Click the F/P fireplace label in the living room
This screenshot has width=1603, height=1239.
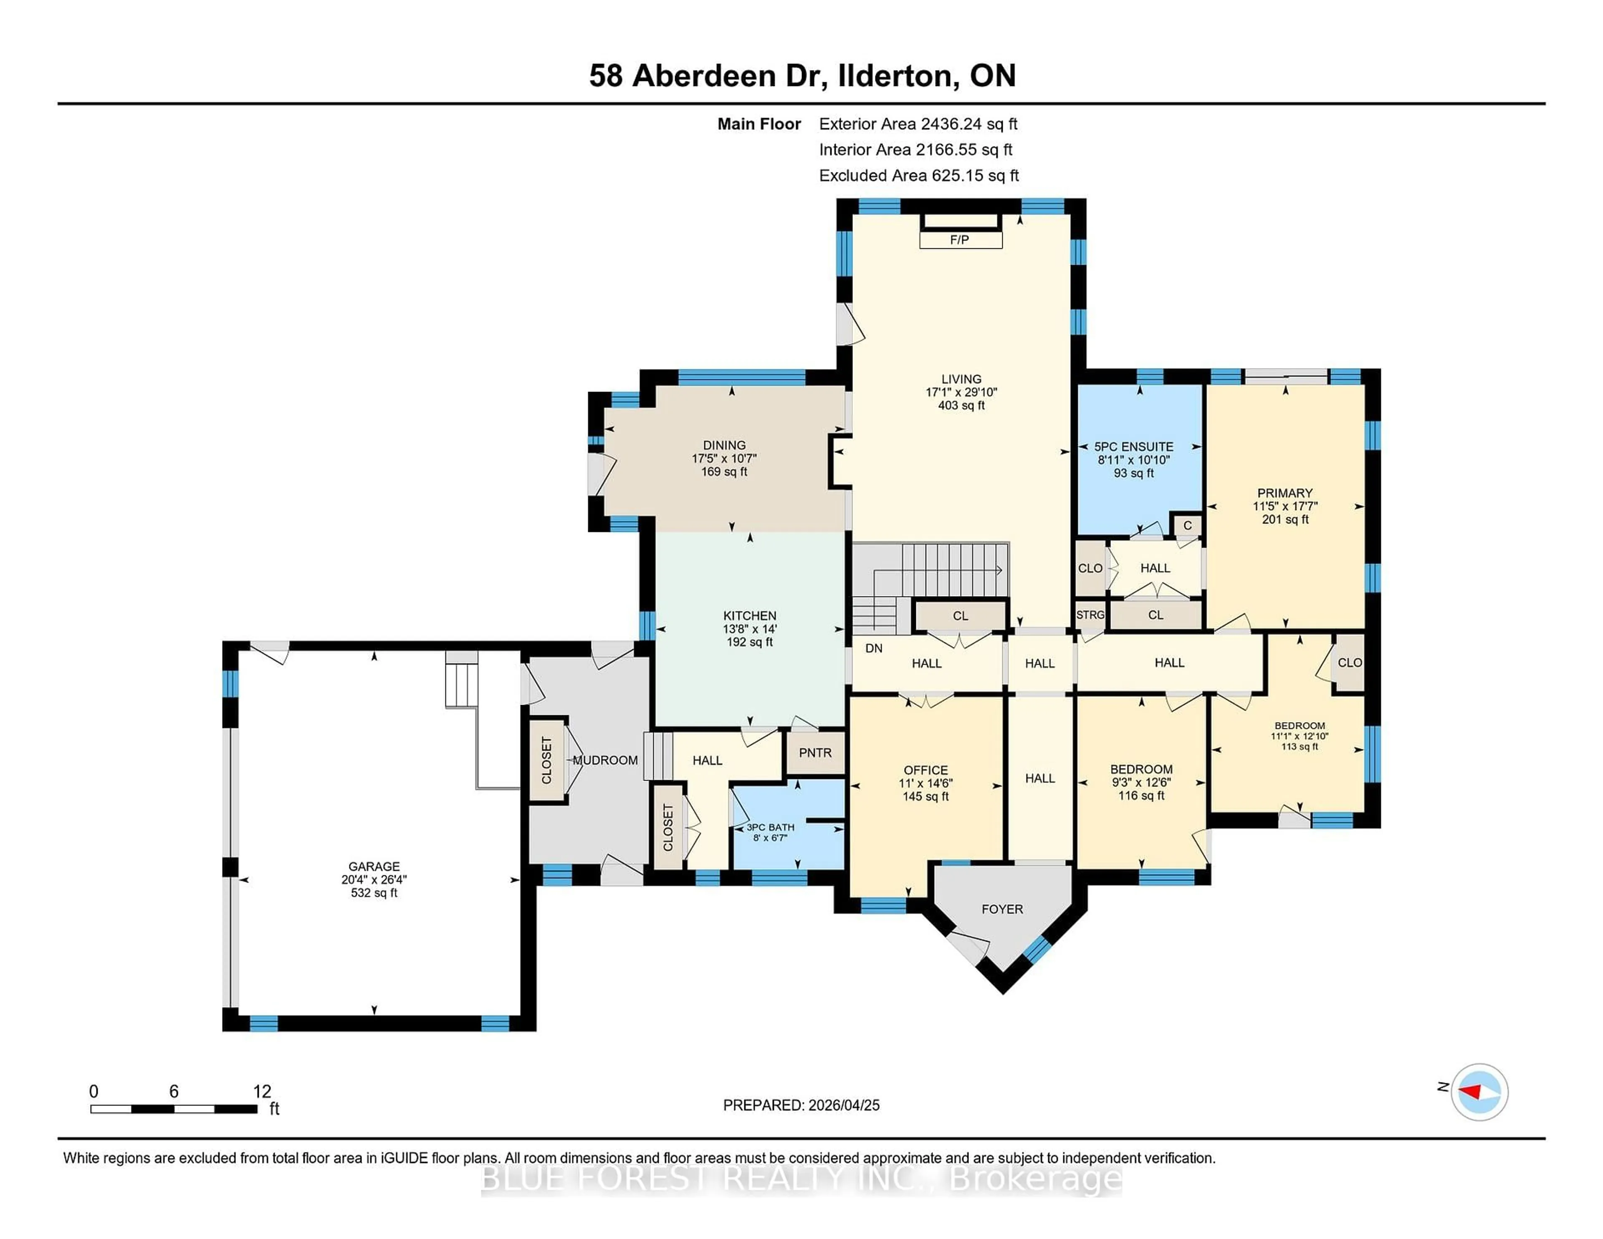pyautogui.click(x=959, y=240)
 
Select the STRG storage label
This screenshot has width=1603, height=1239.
pyautogui.click(x=1090, y=615)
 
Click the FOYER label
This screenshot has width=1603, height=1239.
pyautogui.click(x=1002, y=909)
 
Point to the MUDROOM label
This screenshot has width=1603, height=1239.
pyautogui.click(x=606, y=761)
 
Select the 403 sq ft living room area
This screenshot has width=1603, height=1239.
pyautogui.click(x=961, y=405)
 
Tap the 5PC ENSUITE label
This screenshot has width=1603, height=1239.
pyautogui.click(x=1133, y=446)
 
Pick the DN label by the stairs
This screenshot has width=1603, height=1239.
pyautogui.click(x=873, y=648)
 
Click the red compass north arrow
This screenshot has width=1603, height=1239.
pyautogui.click(x=1470, y=1092)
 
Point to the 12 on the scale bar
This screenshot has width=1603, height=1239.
pyautogui.click(x=262, y=1092)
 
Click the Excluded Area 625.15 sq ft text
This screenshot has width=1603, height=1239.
pyautogui.click(x=918, y=175)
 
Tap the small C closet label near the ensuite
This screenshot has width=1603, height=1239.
pyautogui.click(x=1187, y=526)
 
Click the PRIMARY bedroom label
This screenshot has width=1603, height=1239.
pyautogui.click(x=1284, y=493)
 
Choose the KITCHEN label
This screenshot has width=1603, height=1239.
pyautogui.click(x=749, y=616)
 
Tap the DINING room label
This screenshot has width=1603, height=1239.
pyautogui.click(x=724, y=445)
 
